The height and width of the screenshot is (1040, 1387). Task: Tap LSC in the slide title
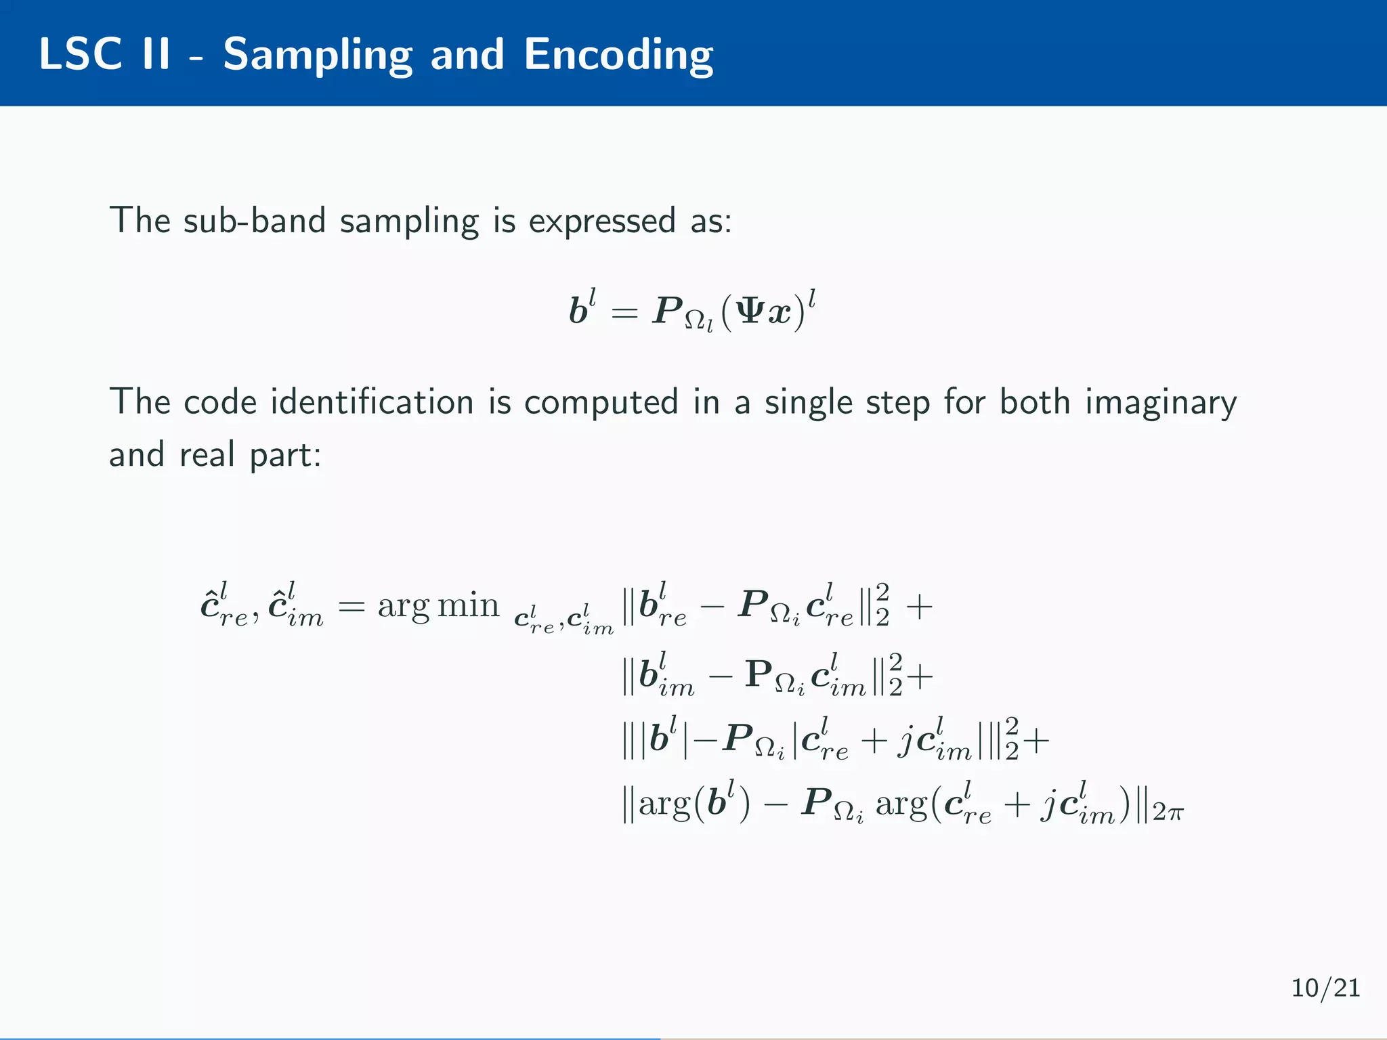81,54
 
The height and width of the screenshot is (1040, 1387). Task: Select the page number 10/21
1325,988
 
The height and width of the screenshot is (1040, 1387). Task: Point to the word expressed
601,222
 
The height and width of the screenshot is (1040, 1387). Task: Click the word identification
372,402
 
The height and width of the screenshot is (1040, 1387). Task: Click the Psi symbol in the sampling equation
748,312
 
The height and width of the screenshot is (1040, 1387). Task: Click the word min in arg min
468,605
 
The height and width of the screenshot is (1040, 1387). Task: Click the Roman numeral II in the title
156,54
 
